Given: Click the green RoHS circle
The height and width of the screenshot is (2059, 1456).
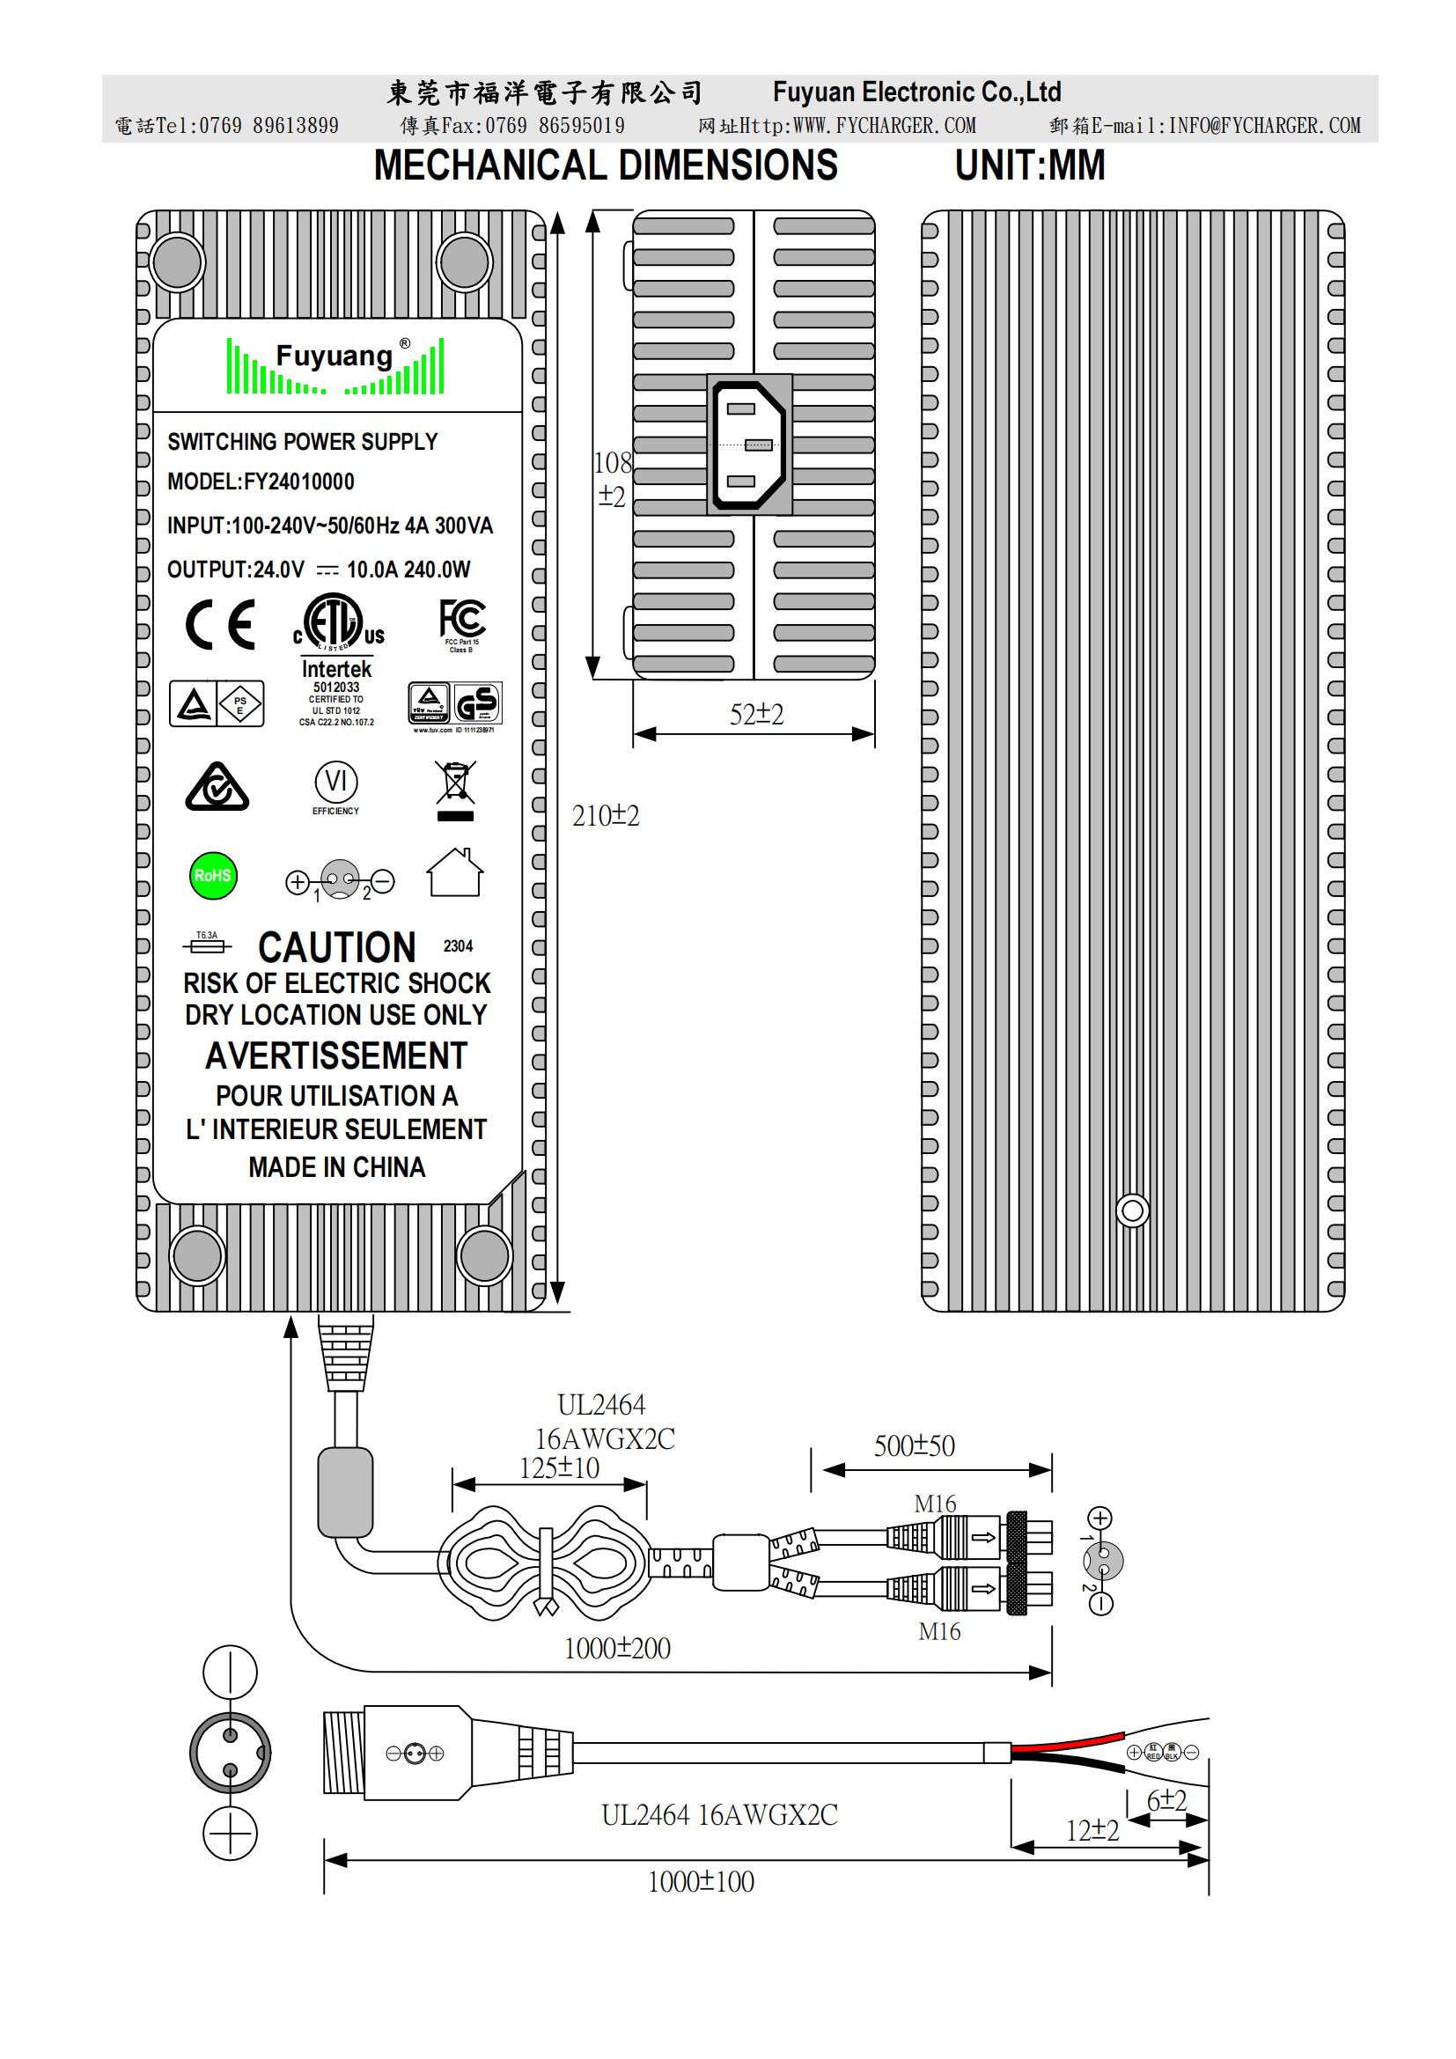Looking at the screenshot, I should point(213,875).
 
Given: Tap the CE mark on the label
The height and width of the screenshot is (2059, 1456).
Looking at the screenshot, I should point(221,625).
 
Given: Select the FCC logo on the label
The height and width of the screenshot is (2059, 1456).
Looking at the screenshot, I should point(462,620).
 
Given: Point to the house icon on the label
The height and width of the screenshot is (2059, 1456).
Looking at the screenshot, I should point(454,872).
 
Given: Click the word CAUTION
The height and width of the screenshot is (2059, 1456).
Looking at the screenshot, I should point(337,948).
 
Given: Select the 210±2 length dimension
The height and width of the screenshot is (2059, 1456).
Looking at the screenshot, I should point(606,816).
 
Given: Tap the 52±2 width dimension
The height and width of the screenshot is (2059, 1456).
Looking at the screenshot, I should point(756,715).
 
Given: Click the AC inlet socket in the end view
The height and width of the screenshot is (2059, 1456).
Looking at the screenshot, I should point(749,445).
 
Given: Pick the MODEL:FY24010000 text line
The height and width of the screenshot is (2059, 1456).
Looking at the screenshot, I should point(261,482).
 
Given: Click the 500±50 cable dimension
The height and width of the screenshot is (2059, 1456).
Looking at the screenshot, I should point(915,1446).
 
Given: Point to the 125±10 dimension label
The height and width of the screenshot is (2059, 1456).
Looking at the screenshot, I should point(560,1468).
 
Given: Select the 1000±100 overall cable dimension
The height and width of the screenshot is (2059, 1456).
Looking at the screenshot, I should point(701,1881).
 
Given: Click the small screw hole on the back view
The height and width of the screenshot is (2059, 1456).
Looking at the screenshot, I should point(1132,1211).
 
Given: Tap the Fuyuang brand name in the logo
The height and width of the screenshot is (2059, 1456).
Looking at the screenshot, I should point(335,357).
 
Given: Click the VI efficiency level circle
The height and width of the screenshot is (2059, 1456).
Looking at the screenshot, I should point(336,781).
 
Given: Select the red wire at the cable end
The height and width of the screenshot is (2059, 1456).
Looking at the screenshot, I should point(1067,1742).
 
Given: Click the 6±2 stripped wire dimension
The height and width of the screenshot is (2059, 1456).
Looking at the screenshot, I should point(1166,1800).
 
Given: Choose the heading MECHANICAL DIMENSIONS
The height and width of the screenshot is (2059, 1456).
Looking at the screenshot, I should point(606,165).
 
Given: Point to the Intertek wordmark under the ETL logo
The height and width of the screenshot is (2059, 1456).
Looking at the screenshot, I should point(336,669).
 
